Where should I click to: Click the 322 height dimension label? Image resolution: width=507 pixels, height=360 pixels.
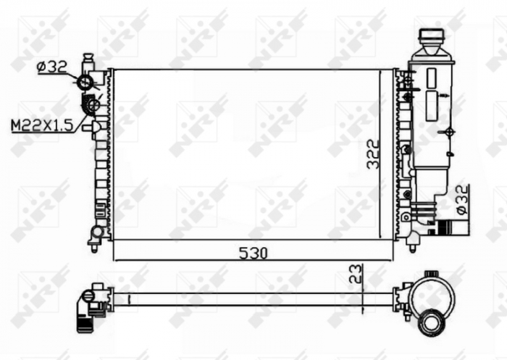373,154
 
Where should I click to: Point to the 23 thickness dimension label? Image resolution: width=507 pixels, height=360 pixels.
355,275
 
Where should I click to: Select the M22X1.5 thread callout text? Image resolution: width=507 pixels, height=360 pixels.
41,125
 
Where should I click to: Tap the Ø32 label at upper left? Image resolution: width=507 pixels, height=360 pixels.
51,67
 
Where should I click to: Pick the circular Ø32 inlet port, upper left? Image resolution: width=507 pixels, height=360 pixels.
85,82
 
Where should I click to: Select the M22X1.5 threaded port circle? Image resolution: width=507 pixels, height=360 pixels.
91,106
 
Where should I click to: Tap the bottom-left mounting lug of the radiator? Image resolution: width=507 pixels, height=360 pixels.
94,236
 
